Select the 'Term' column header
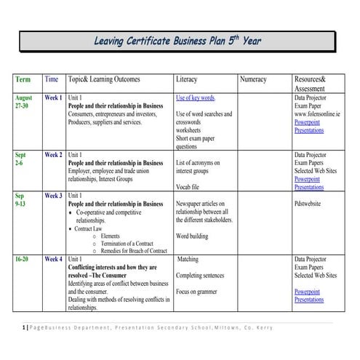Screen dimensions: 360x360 tap(23, 79)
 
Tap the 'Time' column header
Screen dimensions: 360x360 tap(52, 79)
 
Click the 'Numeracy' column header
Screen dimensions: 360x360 tap(252, 79)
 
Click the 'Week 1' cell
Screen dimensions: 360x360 tap(53, 97)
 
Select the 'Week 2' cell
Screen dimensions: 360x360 tap(53, 155)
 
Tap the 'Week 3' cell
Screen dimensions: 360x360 tap(53, 196)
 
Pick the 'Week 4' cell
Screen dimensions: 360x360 tap(53, 259)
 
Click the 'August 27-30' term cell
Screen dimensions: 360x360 tap(24, 101)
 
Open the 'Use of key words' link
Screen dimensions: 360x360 tap(195, 97)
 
